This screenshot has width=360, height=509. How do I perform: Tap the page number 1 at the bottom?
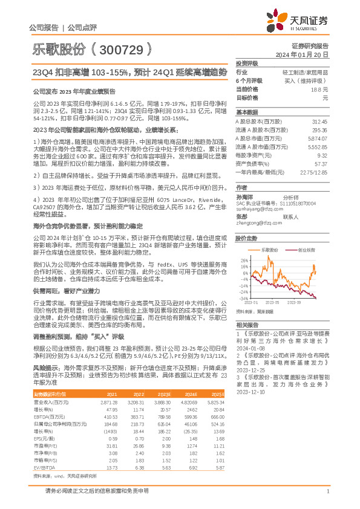327,491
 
